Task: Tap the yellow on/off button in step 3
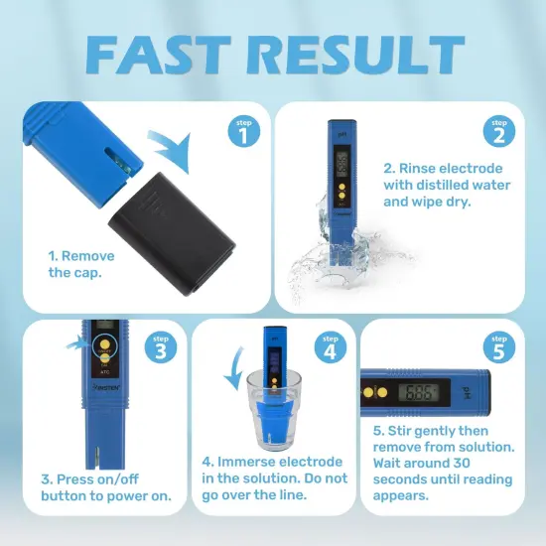tap(102, 347)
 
